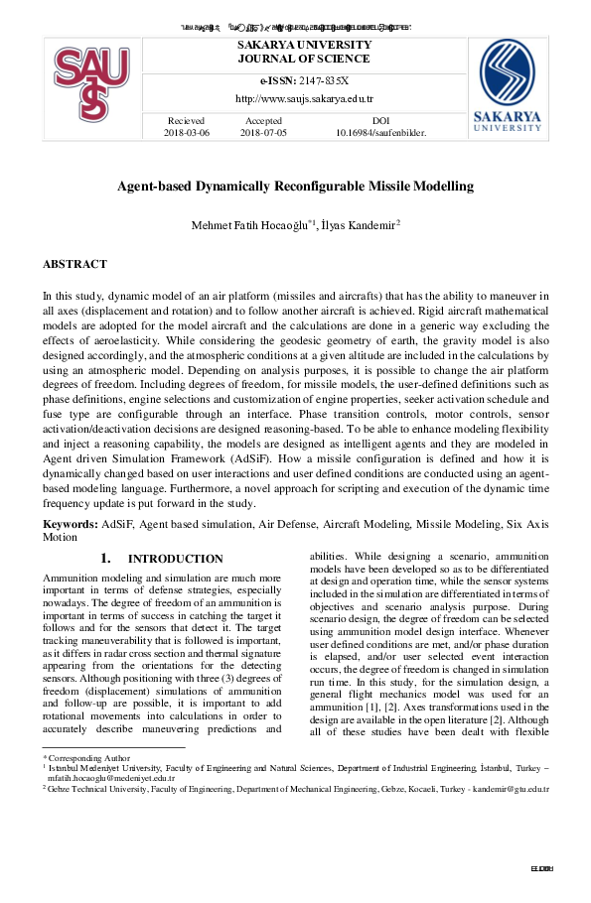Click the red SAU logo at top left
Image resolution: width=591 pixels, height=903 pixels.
point(91,83)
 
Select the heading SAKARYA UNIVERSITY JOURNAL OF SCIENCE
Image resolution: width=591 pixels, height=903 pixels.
point(304,52)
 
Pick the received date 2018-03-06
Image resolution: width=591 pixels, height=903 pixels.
point(187,131)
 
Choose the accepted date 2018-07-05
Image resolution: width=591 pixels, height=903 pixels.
point(263,131)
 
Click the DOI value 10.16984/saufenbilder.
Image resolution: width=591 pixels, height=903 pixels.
point(380,131)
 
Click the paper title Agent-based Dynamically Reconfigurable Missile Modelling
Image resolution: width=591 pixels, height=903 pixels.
point(295,186)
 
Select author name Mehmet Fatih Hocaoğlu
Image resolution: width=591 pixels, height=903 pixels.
point(252,225)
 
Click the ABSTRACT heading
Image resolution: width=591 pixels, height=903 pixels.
point(74,265)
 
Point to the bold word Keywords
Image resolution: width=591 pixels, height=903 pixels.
point(70,522)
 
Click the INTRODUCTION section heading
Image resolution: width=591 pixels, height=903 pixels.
point(175,559)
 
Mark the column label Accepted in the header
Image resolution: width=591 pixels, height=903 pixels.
point(263,119)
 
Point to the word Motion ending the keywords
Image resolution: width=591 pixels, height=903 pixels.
point(60,536)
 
